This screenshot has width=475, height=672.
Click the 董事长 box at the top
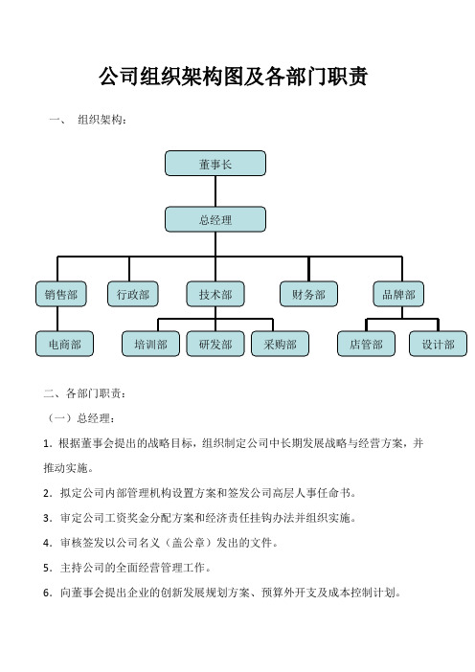(215, 164)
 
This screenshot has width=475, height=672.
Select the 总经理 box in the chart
(215, 219)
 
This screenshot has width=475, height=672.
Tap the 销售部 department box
(61, 294)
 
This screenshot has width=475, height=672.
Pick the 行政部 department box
(133, 294)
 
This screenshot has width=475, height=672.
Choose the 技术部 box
(215, 294)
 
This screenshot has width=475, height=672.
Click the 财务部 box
(308, 294)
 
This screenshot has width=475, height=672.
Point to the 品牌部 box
(398, 294)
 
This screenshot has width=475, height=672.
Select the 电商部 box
(64, 344)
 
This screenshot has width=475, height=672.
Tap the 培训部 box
(150, 344)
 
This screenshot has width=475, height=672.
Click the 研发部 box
(215, 344)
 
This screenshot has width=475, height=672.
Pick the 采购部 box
(280, 344)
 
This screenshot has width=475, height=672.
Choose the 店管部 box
(366, 344)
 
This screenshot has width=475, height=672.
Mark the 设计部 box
(439, 344)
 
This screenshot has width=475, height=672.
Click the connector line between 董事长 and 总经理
(215, 191)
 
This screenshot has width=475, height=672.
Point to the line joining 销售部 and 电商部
(57, 319)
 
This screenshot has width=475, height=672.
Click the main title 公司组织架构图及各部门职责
(234, 77)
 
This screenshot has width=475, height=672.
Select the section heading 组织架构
(102, 120)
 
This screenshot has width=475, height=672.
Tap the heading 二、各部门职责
(85, 393)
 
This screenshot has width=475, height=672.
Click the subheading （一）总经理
(79, 418)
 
